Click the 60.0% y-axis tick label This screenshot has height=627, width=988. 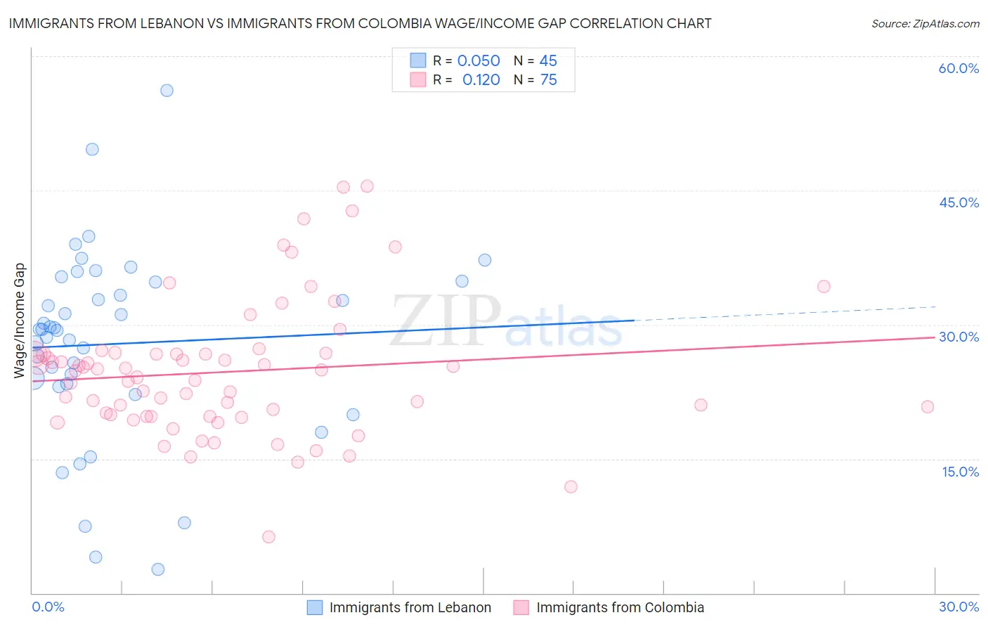click(958, 68)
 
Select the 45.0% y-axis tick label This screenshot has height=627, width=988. click(958, 202)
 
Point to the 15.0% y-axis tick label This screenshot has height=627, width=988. click(960, 472)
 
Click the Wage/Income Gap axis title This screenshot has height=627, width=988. click(20, 321)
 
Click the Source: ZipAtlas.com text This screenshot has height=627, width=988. click(925, 24)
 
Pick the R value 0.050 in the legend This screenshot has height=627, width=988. click(479, 61)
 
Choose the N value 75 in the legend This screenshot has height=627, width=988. click(548, 80)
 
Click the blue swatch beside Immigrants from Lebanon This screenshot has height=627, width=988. click(315, 607)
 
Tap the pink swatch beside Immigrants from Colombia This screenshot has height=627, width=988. click(521, 607)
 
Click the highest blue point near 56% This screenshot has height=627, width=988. click(167, 90)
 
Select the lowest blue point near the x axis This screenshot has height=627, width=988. click(158, 569)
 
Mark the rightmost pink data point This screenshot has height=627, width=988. click(928, 406)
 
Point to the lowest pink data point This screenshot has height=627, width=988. click(268, 537)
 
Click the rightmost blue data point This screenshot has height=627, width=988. click(485, 260)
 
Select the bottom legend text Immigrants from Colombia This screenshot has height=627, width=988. click(620, 607)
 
